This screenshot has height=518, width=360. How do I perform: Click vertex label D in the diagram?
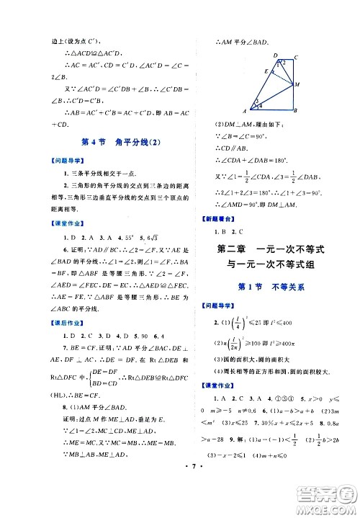click(x=276, y=55)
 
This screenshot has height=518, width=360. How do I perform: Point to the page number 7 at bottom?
click(x=180, y=496)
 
